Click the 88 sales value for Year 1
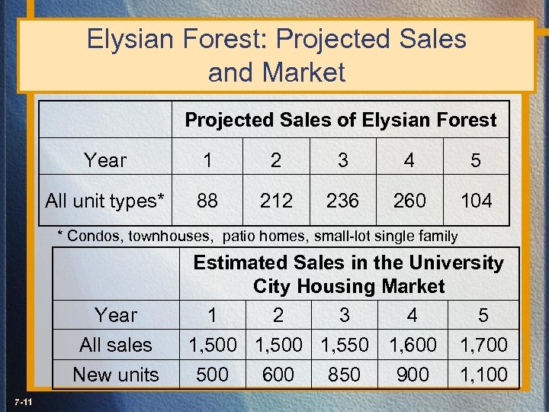207,201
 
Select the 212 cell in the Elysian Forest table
276,201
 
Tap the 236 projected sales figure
342,201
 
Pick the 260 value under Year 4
409,201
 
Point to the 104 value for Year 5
476,201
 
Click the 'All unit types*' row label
105,201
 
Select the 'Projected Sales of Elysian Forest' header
341,120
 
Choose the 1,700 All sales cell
483,345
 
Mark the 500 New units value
212,375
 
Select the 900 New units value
414,375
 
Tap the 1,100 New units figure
483,375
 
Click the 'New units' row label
116,375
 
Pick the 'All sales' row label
116,345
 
